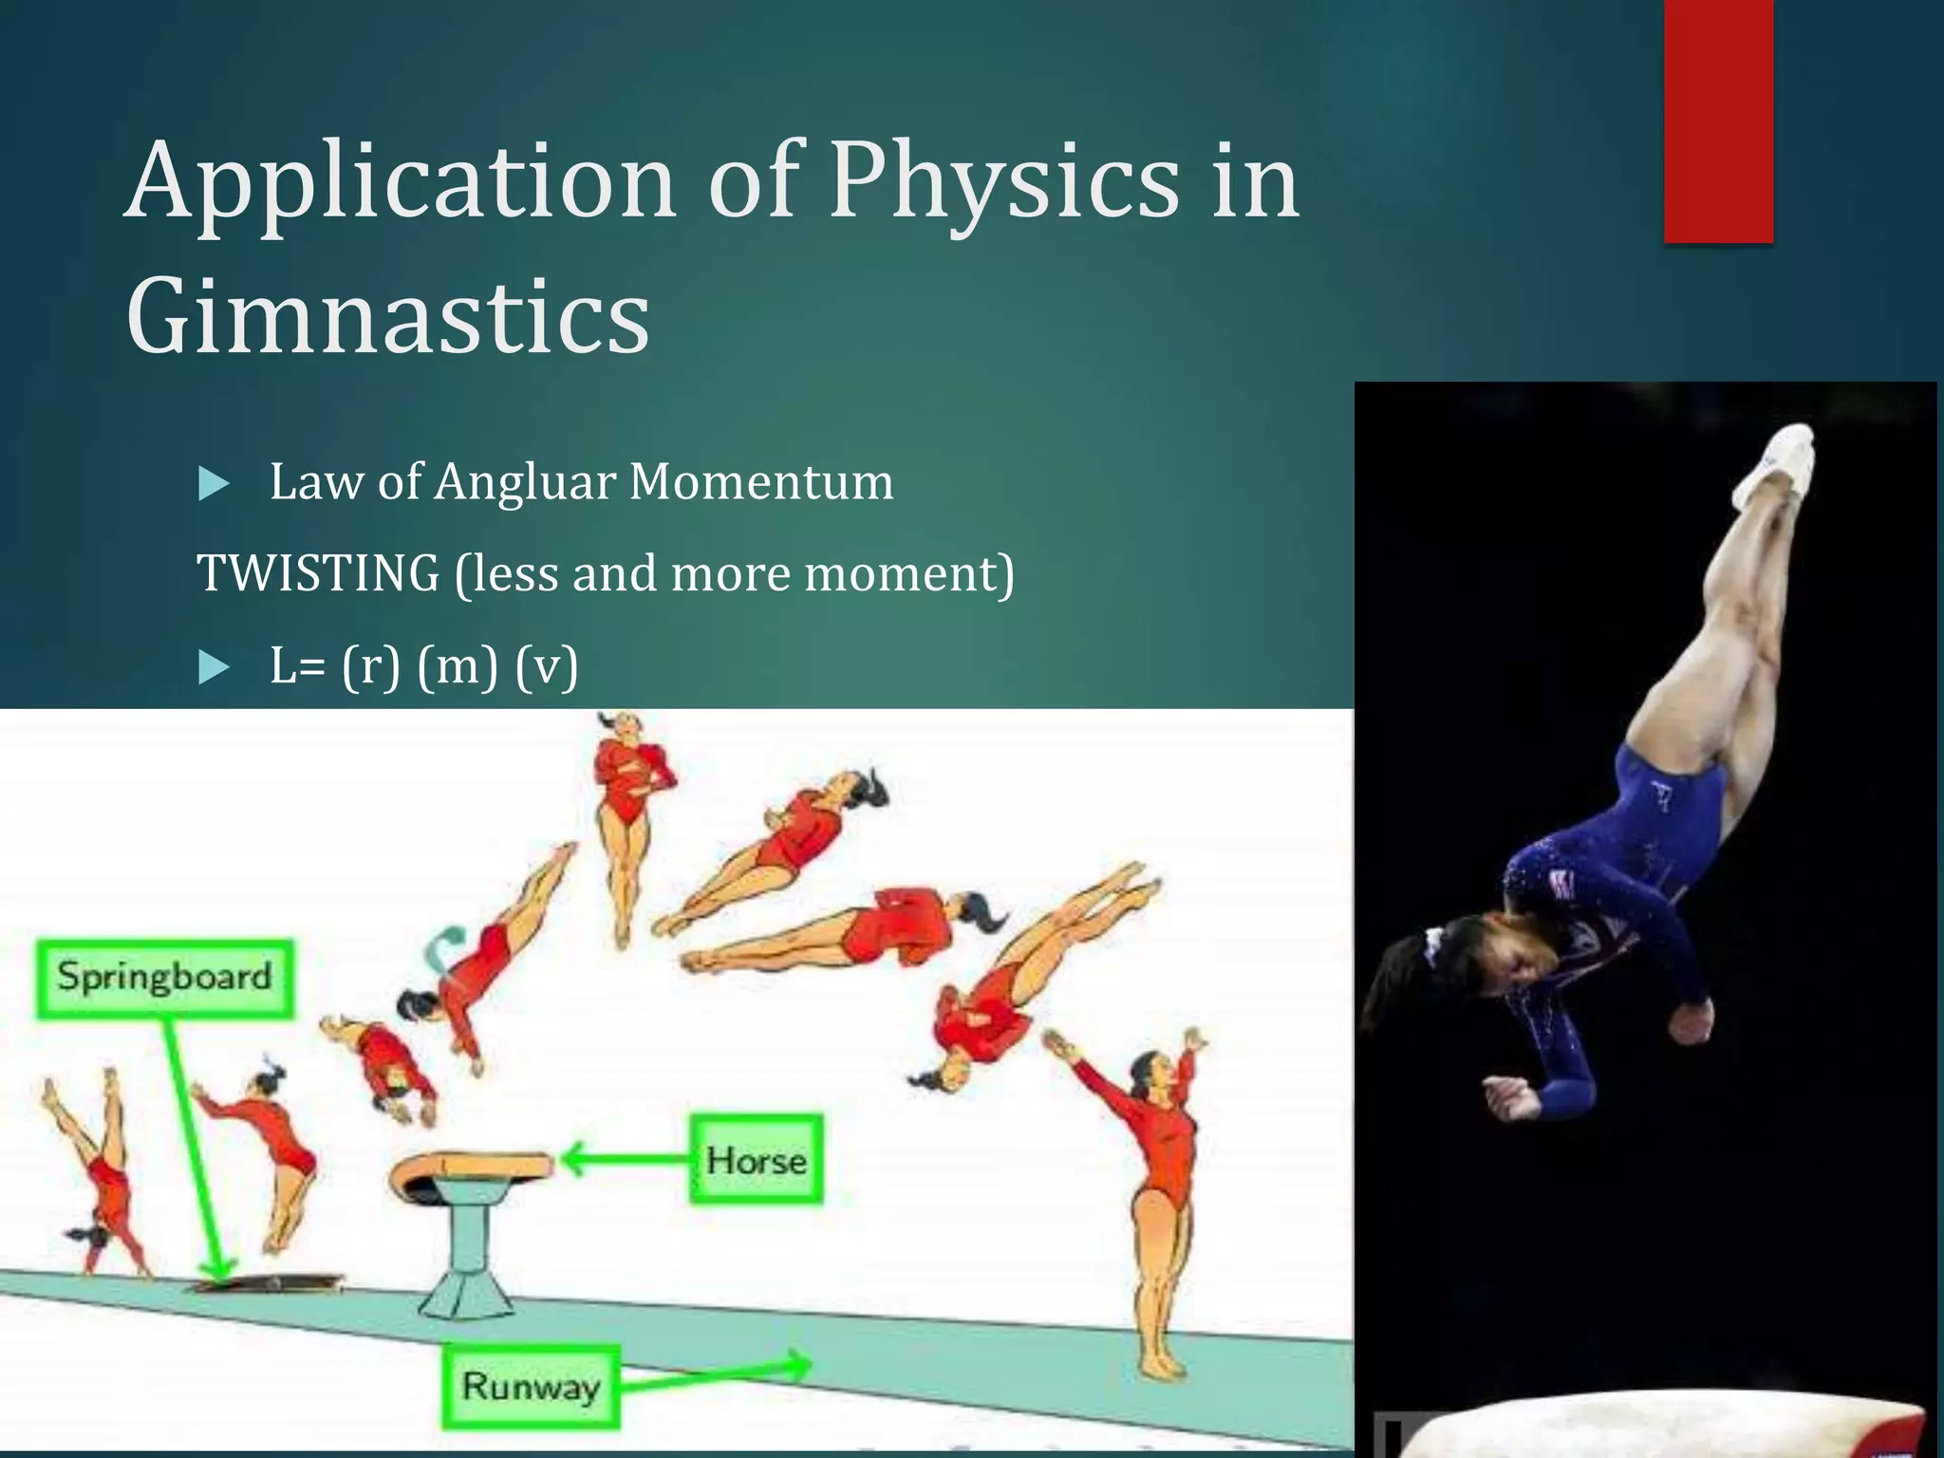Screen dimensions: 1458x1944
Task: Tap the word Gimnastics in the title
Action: (387, 315)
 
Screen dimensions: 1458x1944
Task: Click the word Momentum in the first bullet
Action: (760, 481)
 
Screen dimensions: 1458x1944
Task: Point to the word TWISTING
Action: (318, 573)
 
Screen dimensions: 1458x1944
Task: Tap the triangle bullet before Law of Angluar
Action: (215, 485)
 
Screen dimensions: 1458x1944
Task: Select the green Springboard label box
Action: (165, 978)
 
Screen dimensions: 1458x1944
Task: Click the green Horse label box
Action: (756, 1160)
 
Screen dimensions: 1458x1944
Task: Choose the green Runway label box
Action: (531, 1387)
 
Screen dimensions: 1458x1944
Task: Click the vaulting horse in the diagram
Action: (471, 1224)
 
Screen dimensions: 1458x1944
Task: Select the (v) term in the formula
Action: (547, 665)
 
